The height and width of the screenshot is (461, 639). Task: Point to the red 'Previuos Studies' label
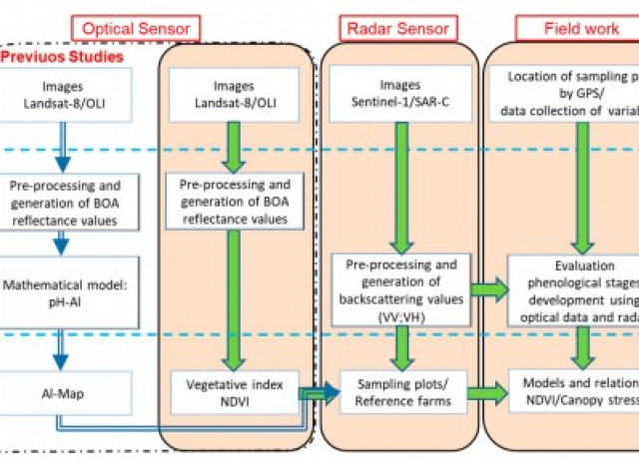coord(62,57)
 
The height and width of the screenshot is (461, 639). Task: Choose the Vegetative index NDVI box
coord(237,388)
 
